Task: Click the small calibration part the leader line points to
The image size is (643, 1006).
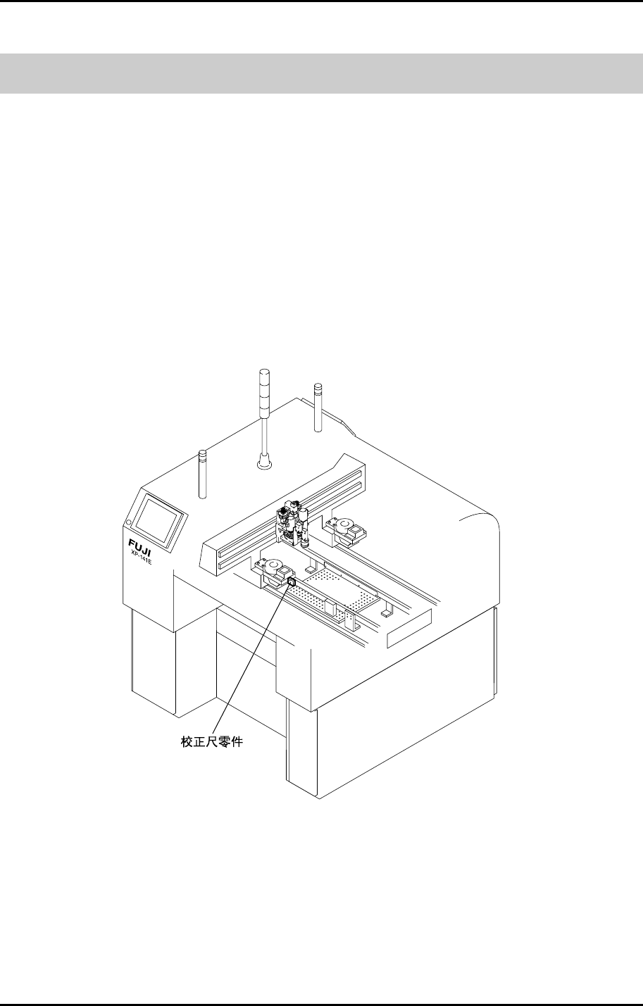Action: (291, 582)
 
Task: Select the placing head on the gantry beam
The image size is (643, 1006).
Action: (291, 524)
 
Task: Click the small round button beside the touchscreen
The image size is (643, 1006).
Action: (129, 522)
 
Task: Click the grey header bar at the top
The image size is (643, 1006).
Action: (321, 73)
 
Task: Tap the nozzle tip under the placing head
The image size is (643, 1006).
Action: (306, 545)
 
